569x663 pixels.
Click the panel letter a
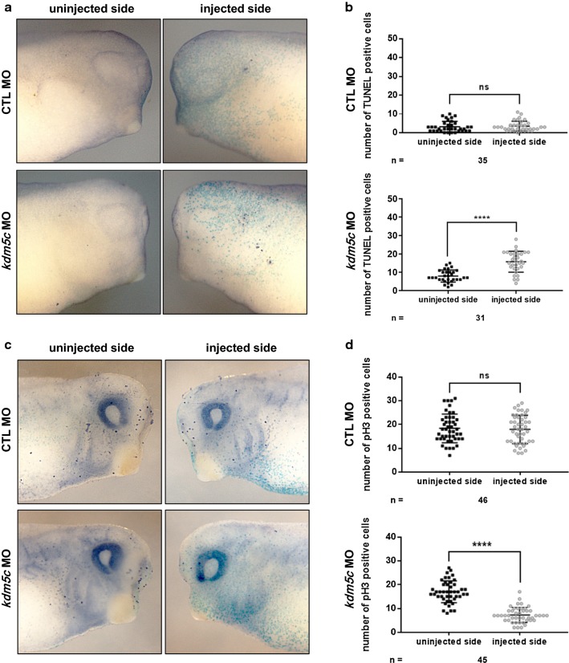[x=6, y=7]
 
